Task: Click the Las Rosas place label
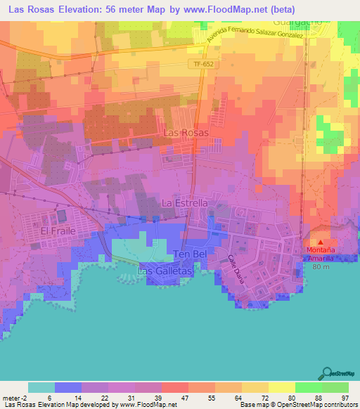pos(186,132)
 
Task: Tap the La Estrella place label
pos(185,202)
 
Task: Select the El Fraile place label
pos(58,231)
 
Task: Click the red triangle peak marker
pos(320,242)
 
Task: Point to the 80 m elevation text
pos(320,267)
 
